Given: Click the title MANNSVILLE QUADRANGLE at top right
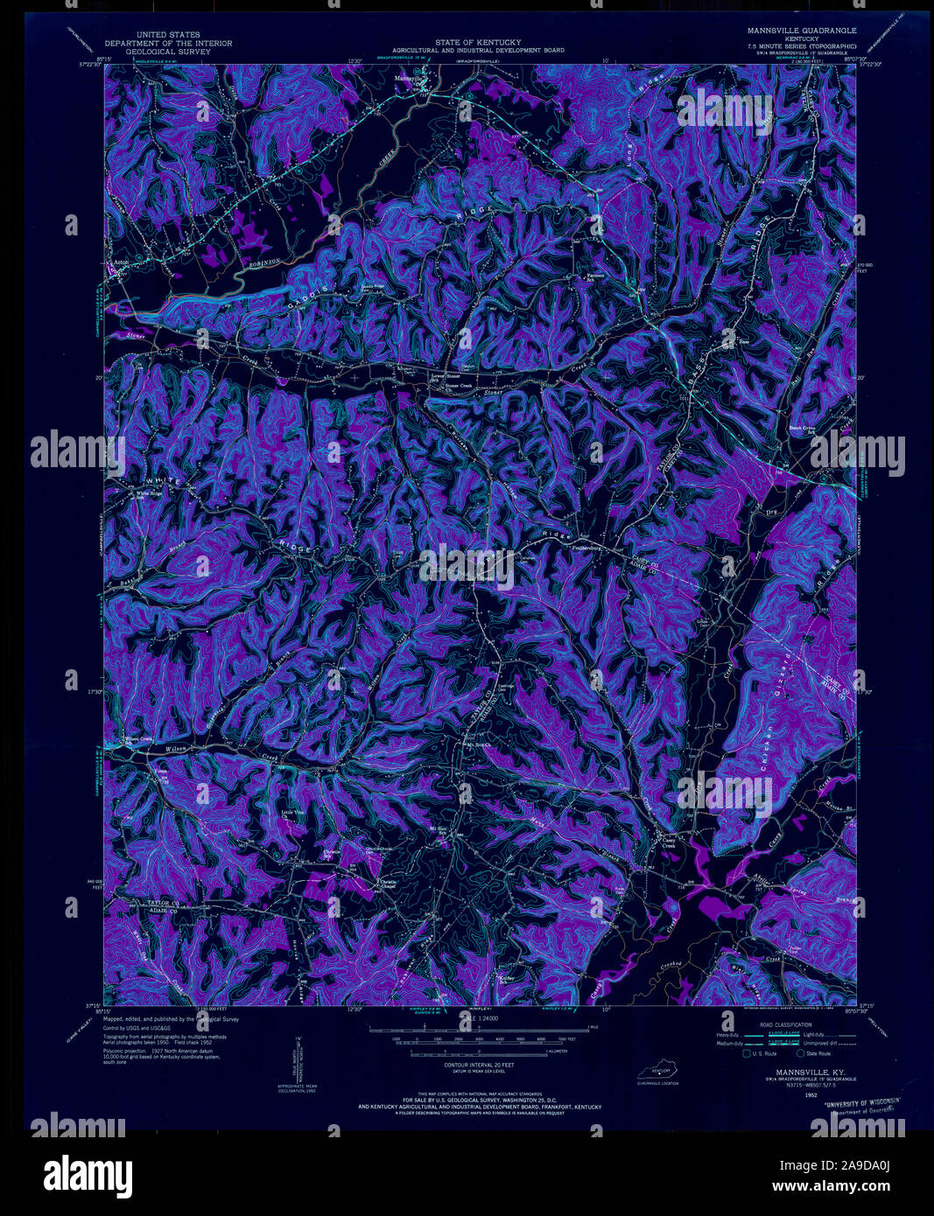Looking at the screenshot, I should tap(802, 31).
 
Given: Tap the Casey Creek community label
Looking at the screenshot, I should tap(668, 842).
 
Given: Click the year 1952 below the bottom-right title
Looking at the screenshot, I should tap(790, 1094).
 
